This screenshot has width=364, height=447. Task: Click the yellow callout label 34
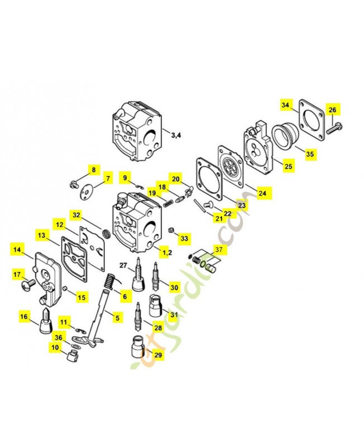coord(285,105)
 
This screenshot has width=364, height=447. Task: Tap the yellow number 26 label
coord(332,110)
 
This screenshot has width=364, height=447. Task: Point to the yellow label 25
coord(288,167)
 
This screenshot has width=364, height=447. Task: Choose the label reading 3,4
coord(176,135)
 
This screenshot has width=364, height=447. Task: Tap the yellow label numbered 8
coord(93,170)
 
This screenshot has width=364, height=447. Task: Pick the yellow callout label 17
coord(17,274)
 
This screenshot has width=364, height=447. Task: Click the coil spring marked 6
coord(111,282)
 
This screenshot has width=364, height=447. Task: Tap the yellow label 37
coord(218,250)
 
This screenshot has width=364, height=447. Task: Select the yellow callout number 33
coord(185,239)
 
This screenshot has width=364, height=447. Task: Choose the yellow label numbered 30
coord(174,288)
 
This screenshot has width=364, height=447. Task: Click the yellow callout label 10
coord(55,348)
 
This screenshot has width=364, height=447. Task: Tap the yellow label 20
coord(176,179)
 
